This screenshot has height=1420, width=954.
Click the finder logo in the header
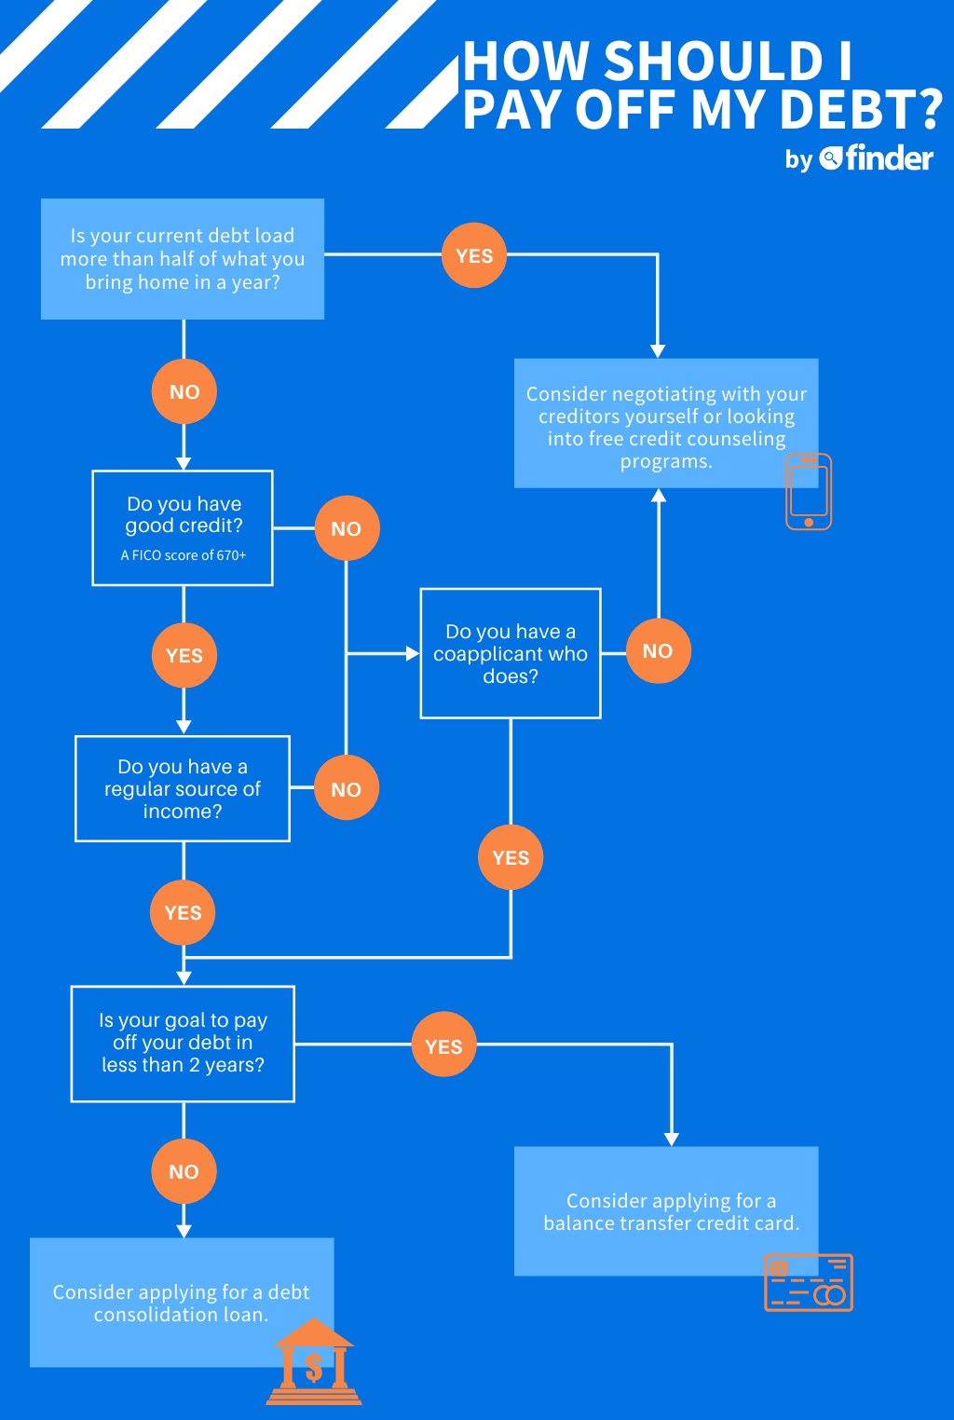877,158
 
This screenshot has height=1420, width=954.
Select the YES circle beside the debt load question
474,255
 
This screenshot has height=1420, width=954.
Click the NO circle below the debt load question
184,392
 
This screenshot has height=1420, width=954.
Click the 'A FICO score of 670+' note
184,555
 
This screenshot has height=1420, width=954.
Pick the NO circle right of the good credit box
347,528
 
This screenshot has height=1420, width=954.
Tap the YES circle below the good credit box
184,656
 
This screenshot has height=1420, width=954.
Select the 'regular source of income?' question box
183,788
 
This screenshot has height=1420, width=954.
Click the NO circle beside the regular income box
347,789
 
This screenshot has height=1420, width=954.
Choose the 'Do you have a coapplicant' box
511,653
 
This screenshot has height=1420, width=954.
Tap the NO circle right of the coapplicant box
658,651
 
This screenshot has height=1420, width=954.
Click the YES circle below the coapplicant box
511,857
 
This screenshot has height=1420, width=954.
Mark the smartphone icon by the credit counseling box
809,492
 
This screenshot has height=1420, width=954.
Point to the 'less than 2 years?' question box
183,1043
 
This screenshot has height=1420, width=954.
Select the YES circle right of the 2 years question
443,1046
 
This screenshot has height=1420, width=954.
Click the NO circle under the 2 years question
184,1171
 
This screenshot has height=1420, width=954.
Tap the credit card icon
809,1283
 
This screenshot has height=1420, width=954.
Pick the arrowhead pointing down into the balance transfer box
672,1140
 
